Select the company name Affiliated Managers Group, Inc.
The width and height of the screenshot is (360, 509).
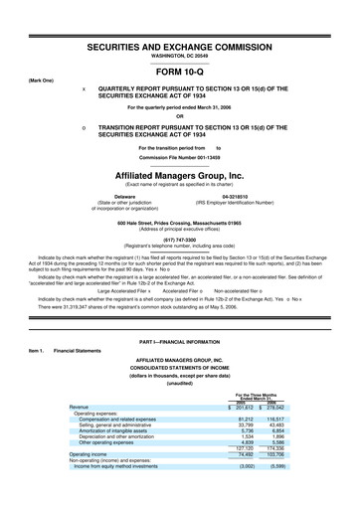coord(180,173)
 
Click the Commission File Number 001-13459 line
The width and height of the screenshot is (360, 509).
coord(180,157)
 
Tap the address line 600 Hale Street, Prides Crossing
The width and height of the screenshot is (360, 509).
coord(180,222)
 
